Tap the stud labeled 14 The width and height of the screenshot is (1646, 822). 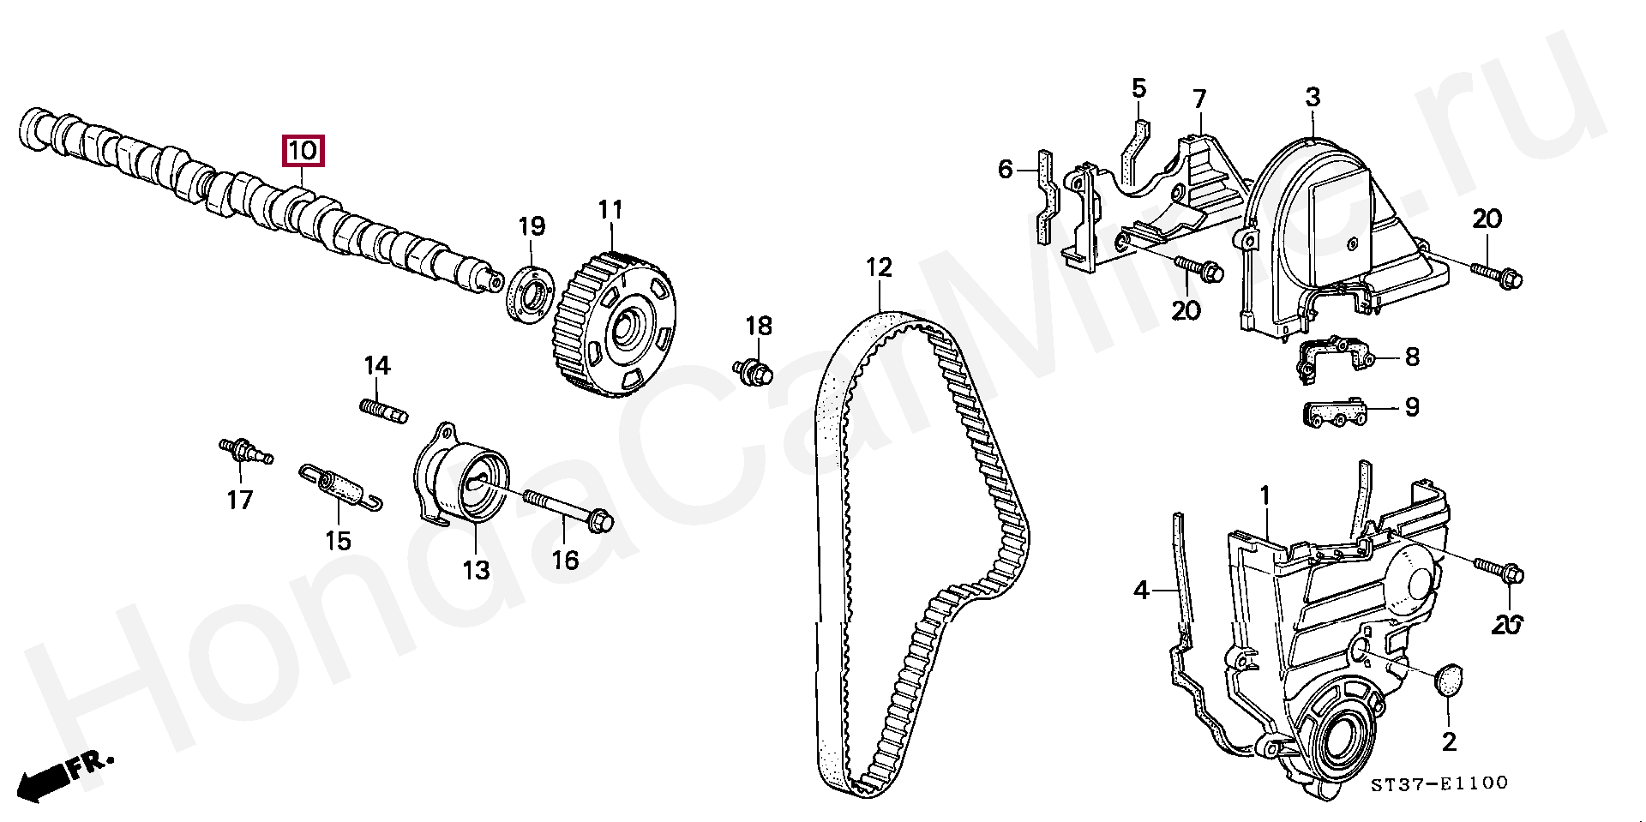(381, 410)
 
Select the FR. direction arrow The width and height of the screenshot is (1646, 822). (60, 776)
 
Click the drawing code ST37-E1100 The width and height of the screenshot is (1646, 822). (1439, 783)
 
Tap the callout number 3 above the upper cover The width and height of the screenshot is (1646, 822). (1313, 98)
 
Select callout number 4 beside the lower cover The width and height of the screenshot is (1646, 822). (1141, 590)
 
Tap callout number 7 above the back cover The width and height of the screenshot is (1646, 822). (1199, 99)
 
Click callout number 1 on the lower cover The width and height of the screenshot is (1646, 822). (1265, 495)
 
